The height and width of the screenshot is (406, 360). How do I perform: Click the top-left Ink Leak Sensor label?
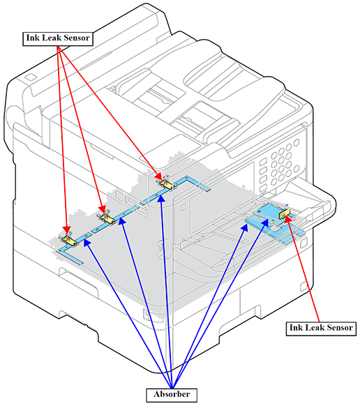coord(58,39)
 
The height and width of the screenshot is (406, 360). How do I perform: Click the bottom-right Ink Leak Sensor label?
coord(321,329)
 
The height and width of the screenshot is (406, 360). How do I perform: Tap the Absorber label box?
coord(172,395)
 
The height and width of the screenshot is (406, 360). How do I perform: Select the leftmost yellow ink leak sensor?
coord(68,239)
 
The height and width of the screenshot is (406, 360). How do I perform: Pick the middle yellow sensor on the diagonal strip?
coord(107,218)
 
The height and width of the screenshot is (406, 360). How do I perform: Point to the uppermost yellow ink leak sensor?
coord(166,183)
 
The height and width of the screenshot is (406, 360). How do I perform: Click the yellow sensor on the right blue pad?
coord(285,214)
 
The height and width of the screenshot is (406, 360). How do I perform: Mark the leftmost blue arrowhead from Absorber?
coord(87,243)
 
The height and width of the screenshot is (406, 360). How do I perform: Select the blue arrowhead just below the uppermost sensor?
coord(161,199)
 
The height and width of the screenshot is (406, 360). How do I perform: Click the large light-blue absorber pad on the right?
coord(266,212)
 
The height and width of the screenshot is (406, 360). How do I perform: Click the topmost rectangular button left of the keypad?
coord(263,162)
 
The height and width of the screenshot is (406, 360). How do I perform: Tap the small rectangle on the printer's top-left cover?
coord(30,77)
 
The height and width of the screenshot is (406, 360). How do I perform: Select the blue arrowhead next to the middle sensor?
coord(121,221)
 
